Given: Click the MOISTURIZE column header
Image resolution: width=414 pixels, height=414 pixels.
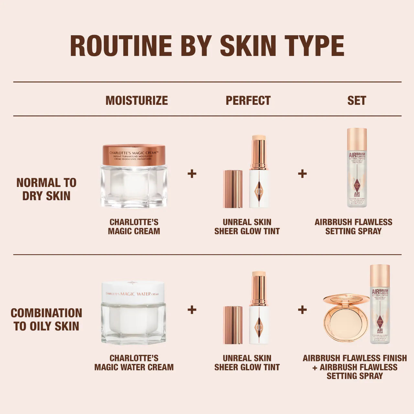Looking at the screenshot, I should (x=136, y=100).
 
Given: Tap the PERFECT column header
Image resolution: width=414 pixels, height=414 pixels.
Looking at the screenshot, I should (x=248, y=100).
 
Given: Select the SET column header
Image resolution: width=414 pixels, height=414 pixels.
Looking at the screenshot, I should (x=356, y=100).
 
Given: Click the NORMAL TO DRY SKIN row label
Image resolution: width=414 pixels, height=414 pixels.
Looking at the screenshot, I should (x=46, y=189).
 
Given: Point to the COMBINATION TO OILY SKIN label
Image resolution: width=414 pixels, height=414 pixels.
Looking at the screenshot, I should (x=46, y=319).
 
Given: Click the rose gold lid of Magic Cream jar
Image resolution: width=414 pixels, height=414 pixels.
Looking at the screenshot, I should (x=134, y=155).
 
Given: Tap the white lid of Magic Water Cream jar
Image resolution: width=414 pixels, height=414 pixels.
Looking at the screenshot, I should (x=133, y=292).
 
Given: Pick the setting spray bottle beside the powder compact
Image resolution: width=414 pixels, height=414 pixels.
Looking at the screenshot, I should (x=380, y=304).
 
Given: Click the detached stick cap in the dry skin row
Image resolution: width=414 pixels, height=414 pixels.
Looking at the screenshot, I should (x=233, y=189).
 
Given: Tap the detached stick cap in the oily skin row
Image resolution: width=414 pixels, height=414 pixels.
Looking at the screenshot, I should (x=233, y=325).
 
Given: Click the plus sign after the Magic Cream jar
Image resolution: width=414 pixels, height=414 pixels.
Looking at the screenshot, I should (x=192, y=174).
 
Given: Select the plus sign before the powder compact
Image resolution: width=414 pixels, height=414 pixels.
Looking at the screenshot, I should (x=302, y=310).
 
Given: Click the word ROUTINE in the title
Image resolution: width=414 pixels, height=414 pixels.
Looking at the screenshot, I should (x=121, y=46).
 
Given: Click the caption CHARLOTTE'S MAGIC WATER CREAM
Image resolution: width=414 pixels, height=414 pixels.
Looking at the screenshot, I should (x=134, y=363).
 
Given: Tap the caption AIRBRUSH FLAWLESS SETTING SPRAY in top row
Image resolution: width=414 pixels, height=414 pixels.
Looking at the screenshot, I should (x=353, y=226).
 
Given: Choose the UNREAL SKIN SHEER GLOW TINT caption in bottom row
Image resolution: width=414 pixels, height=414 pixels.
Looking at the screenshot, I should (x=247, y=363).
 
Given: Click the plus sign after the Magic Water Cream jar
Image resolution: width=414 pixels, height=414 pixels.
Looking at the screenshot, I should (x=192, y=310).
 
